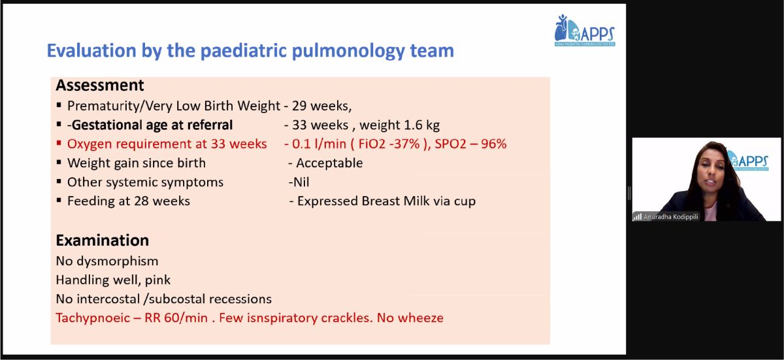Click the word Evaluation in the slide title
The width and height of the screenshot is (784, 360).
[91, 50]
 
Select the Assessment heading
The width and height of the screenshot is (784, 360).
[100, 86]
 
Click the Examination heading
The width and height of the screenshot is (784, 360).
[102, 240]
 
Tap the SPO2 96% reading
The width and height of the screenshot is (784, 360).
[470, 144]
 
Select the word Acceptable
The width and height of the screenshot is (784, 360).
[329, 163]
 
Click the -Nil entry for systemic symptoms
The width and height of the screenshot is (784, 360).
[299, 182]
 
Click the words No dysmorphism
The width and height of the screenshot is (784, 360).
[107, 261]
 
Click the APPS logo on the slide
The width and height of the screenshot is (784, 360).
[585, 31]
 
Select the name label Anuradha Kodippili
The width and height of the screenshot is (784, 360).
[670, 217]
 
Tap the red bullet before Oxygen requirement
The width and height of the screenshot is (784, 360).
[59, 142]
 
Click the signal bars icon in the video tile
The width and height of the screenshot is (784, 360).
[637, 217]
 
